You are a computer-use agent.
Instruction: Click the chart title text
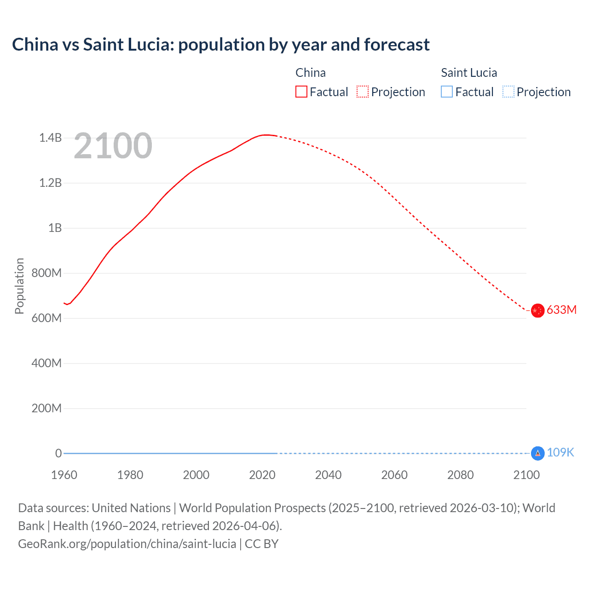click(221, 45)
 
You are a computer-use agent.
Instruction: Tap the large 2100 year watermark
click(113, 146)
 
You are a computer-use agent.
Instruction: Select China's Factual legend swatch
click(301, 92)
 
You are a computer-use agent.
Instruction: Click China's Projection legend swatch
click(363, 92)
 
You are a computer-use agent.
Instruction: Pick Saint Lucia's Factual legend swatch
click(447, 92)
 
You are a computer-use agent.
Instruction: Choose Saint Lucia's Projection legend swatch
click(508, 92)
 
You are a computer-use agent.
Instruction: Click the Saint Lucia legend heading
click(469, 73)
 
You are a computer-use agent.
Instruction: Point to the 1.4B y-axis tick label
click(50, 138)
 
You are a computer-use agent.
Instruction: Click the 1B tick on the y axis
click(55, 228)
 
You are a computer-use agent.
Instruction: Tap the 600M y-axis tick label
click(46, 318)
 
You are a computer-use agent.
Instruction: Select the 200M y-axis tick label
click(46, 408)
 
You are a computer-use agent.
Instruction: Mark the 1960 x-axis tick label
click(64, 475)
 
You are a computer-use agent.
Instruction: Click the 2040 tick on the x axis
click(328, 475)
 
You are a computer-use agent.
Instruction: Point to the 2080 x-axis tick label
click(460, 475)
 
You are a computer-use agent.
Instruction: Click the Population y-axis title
click(19, 286)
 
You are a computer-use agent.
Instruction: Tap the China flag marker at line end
click(537, 311)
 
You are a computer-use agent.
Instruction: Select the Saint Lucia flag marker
click(537, 453)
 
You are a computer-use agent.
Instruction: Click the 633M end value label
click(561, 310)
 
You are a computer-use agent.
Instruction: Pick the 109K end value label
click(560, 453)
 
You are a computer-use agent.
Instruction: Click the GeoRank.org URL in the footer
click(127, 544)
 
